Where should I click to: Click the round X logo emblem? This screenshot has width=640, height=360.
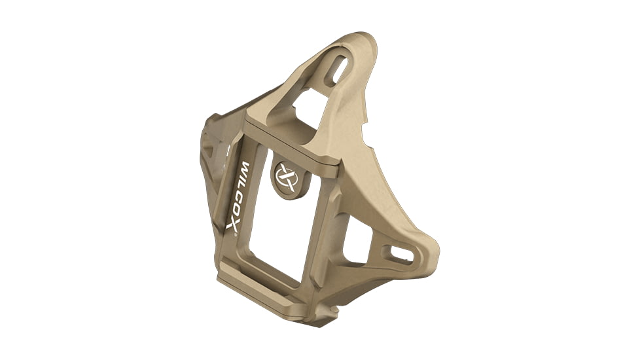285,177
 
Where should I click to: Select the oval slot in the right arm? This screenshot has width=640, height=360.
395,251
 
